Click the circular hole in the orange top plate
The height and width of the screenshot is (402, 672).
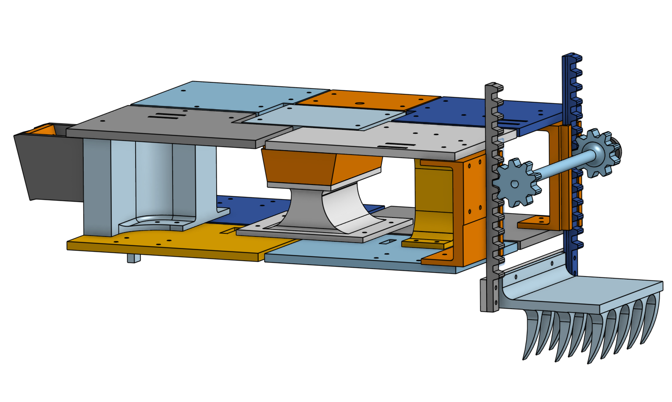[x=359, y=104]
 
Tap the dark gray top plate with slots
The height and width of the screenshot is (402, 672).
[x=176, y=125]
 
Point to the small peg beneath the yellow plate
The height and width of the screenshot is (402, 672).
[x=133, y=258]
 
